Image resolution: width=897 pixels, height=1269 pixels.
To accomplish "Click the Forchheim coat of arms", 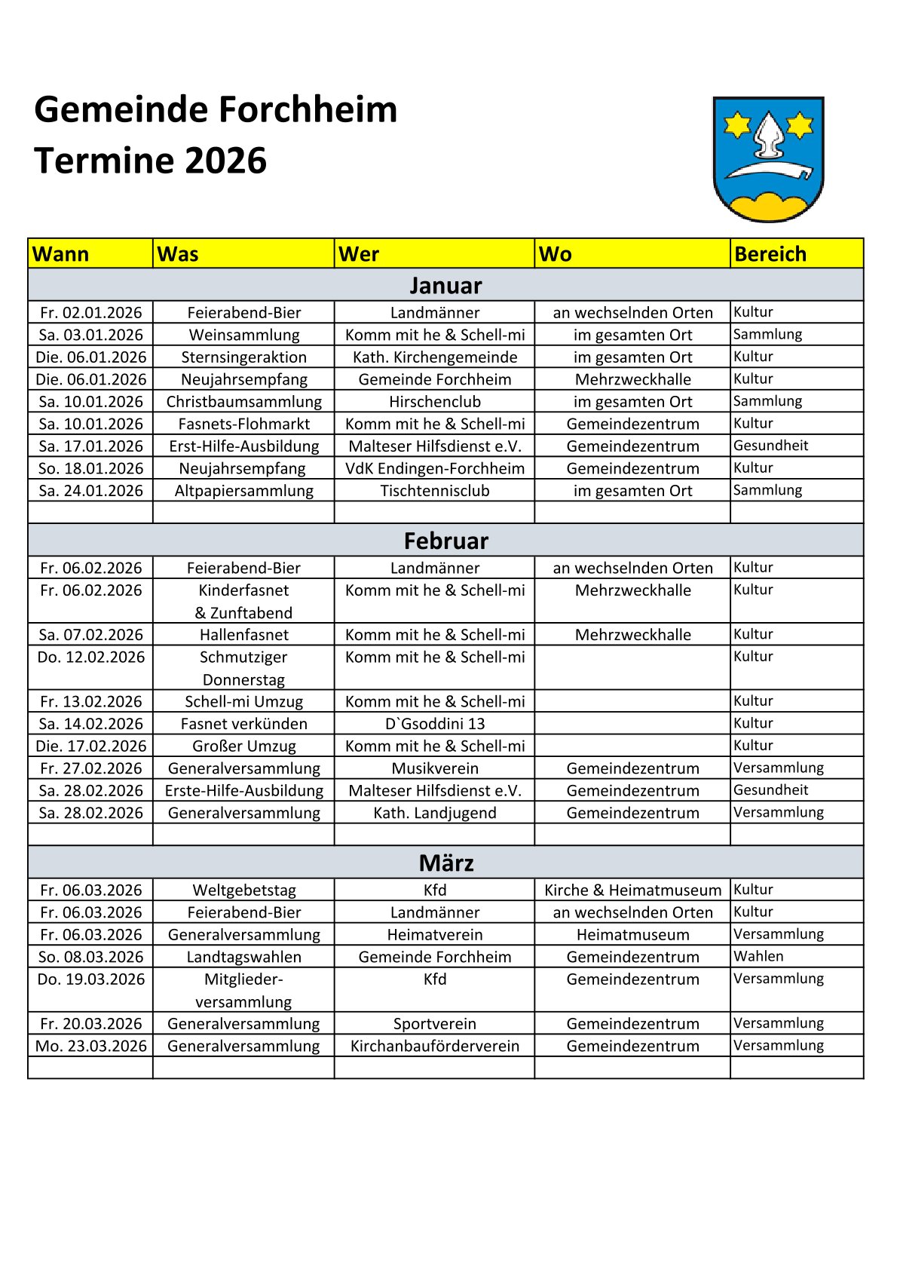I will pyautogui.click(x=767, y=159).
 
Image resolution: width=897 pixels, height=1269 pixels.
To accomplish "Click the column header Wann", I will pyautogui.click(x=61, y=254).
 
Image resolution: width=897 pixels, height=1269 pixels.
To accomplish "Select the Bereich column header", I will pyautogui.click(x=770, y=254).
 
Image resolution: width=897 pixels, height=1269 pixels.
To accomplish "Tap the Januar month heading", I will pyautogui.click(x=445, y=286).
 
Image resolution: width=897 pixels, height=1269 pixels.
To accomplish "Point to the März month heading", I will pyautogui.click(x=445, y=863).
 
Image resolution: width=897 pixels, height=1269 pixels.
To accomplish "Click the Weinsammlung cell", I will pyautogui.click(x=243, y=335).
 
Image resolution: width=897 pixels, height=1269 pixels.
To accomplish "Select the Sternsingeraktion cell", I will pyautogui.click(x=243, y=357).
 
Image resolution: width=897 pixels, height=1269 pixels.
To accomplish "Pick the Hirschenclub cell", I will pyautogui.click(x=434, y=401).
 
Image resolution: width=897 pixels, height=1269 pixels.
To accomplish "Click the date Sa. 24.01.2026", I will pyautogui.click(x=90, y=490).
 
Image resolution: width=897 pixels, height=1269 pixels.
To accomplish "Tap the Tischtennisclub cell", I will pyautogui.click(x=434, y=490).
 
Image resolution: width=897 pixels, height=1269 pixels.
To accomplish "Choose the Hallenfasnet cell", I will pyautogui.click(x=243, y=635).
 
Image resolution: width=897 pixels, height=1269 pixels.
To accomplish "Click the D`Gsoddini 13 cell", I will pyautogui.click(x=434, y=724).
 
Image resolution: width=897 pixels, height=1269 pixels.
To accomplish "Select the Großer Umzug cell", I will pyautogui.click(x=243, y=746).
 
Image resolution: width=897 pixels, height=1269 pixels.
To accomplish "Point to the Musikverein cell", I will pyautogui.click(x=434, y=768).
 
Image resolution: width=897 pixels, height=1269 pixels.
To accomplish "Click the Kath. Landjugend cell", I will pyautogui.click(x=434, y=813).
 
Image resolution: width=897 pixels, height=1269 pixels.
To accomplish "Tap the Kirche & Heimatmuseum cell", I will pyautogui.click(x=632, y=890).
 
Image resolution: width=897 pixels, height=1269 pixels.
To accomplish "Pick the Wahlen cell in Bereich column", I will pyautogui.click(x=758, y=956).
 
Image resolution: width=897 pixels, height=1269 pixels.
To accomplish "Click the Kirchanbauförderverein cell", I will pyautogui.click(x=434, y=1046).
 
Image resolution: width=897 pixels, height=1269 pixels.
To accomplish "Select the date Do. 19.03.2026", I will pyautogui.click(x=90, y=979).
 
